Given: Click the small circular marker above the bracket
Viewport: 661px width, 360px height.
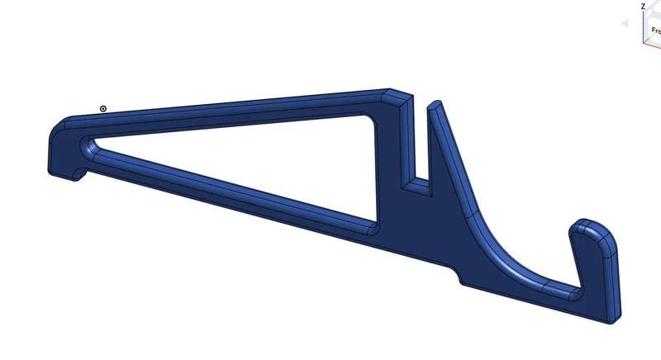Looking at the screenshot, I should point(103,108).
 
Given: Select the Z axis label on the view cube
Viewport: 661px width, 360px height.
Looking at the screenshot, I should point(643,6).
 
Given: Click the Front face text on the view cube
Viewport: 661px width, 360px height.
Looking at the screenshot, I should point(655,30).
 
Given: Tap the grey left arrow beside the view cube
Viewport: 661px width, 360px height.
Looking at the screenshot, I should point(625,24).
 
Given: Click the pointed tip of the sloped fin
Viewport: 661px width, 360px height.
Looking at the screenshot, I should point(435,104).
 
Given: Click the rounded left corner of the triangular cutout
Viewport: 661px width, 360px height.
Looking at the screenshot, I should point(89,146).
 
